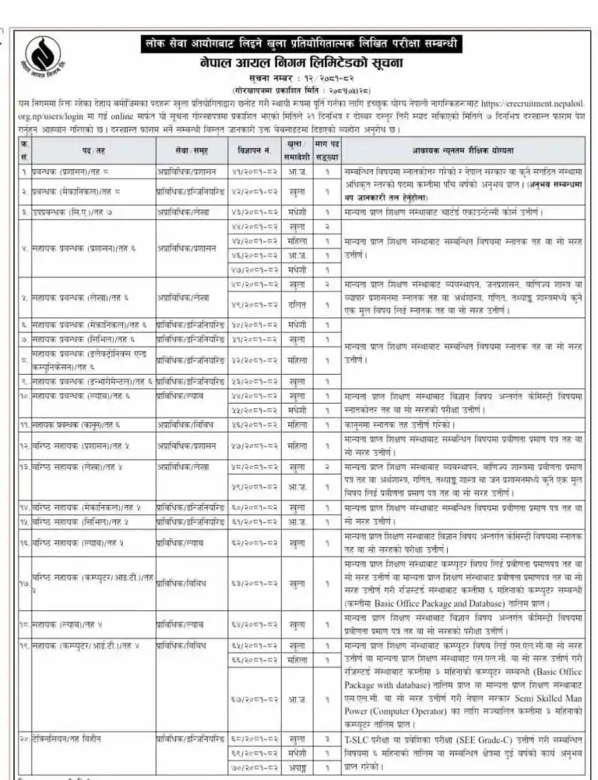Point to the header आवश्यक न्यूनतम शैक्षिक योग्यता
460,149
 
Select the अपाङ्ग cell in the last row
294,768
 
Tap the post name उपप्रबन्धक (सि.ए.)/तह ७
78,212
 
